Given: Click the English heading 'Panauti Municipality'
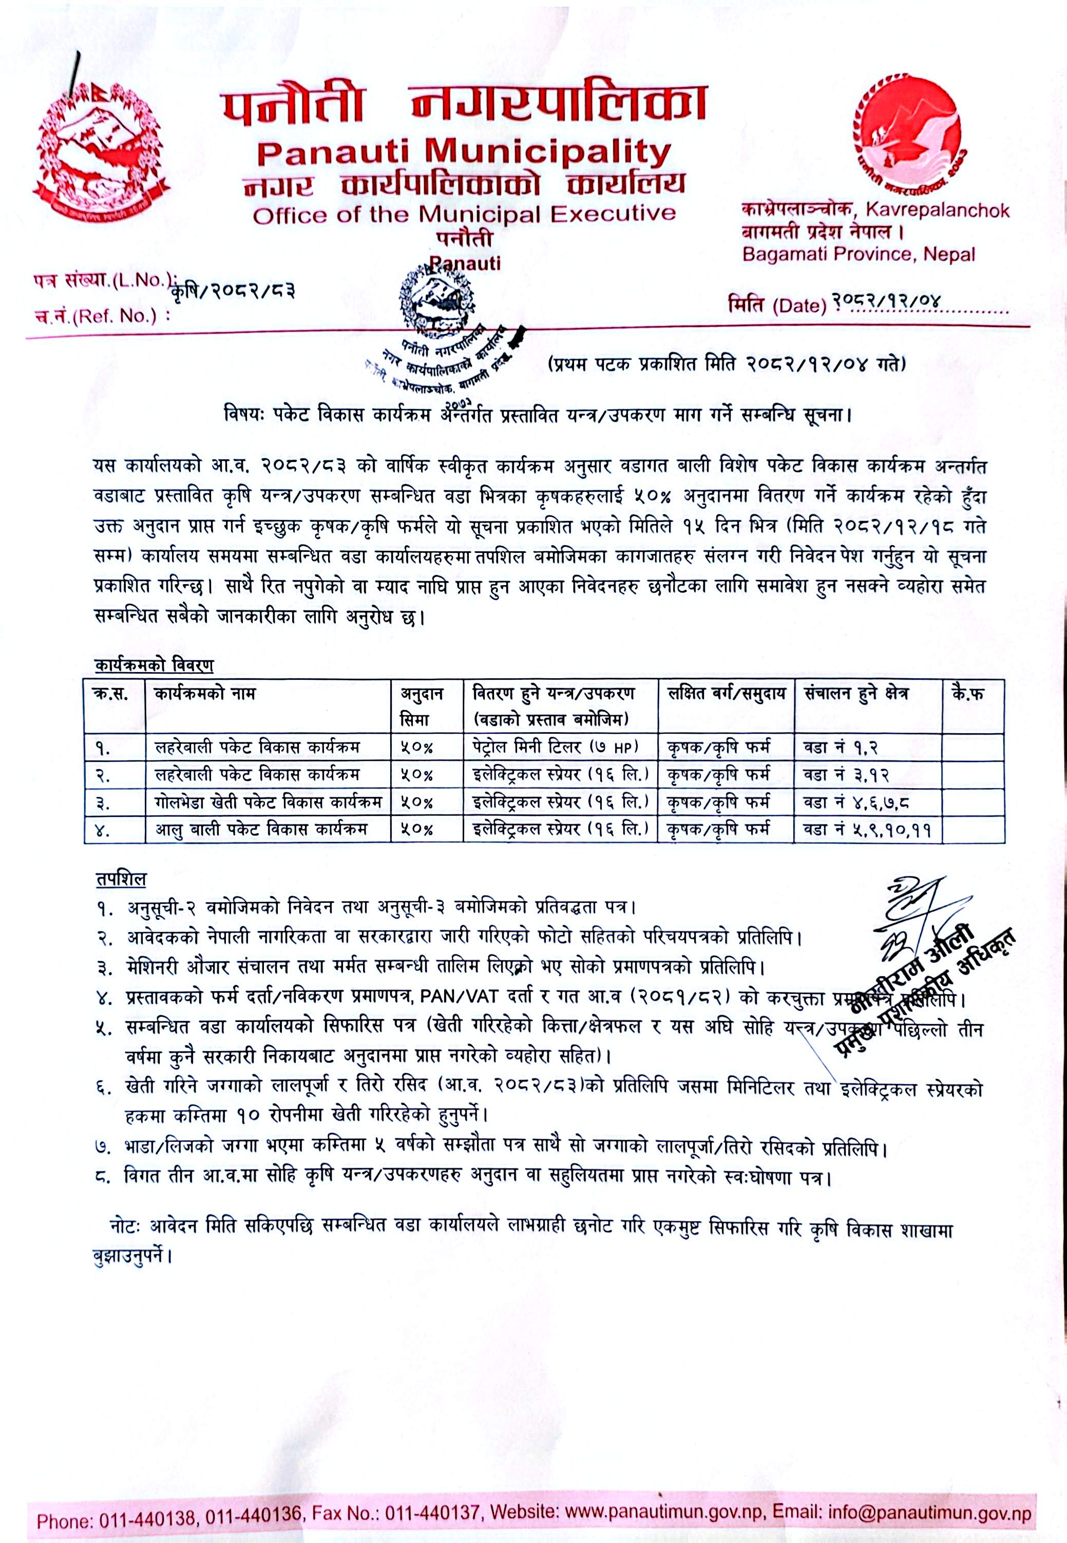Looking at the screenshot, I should (463, 153).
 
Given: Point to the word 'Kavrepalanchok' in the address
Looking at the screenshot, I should (937, 211).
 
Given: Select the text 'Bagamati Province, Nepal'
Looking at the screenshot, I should (859, 254).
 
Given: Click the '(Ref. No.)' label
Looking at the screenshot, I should (117, 317).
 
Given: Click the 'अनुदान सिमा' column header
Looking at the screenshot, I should (421, 705).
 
